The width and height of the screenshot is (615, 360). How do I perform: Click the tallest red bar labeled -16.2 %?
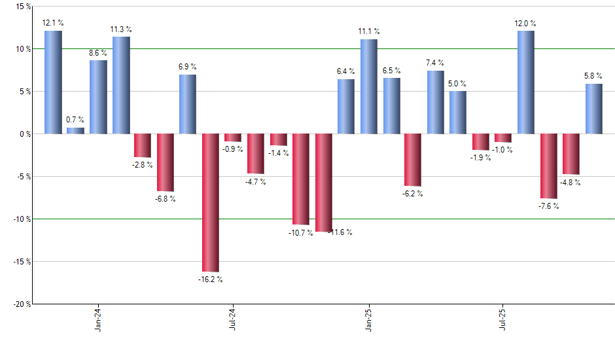pyautogui.click(x=210, y=202)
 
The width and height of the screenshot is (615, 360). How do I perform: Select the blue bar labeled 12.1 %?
pyautogui.click(x=53, y=82)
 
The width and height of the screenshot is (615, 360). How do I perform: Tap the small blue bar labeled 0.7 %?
pyautogui.click(x=75, y=130)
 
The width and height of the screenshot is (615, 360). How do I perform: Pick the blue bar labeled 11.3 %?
pyautogui.click(x=121, y=85)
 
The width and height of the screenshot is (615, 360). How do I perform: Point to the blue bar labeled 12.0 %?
pyautogui.click(x=525, y=82)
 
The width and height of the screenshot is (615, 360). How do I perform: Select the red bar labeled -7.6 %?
pyautogui.click(x=548, y=166)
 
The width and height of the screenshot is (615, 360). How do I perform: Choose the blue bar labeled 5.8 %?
pyautogui.click(x=593, y=109)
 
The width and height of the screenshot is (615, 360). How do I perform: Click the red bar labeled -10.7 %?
pyautogui.click(x=300, y=179)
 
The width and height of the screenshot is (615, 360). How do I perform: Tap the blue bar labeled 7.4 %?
pyautogui.click(x=435, y=102)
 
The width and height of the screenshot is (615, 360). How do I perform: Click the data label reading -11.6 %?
pyautogui.click(x=339, y=232)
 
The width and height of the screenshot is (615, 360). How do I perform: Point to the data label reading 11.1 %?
pyautogui.click(x=368, y=31)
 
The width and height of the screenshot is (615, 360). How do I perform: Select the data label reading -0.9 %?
pyautogui.click(x=232, y=149)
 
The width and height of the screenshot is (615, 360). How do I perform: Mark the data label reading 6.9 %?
pyautogui.click(x=187, y=67)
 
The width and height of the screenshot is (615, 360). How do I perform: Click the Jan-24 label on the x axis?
pyautogui.click(x=97, y=319)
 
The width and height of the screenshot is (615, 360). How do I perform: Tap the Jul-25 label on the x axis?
pyautogui.click(x=503, y=319)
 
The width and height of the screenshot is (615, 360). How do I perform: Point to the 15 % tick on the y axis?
pyautogui.click(x=22, y=7)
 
